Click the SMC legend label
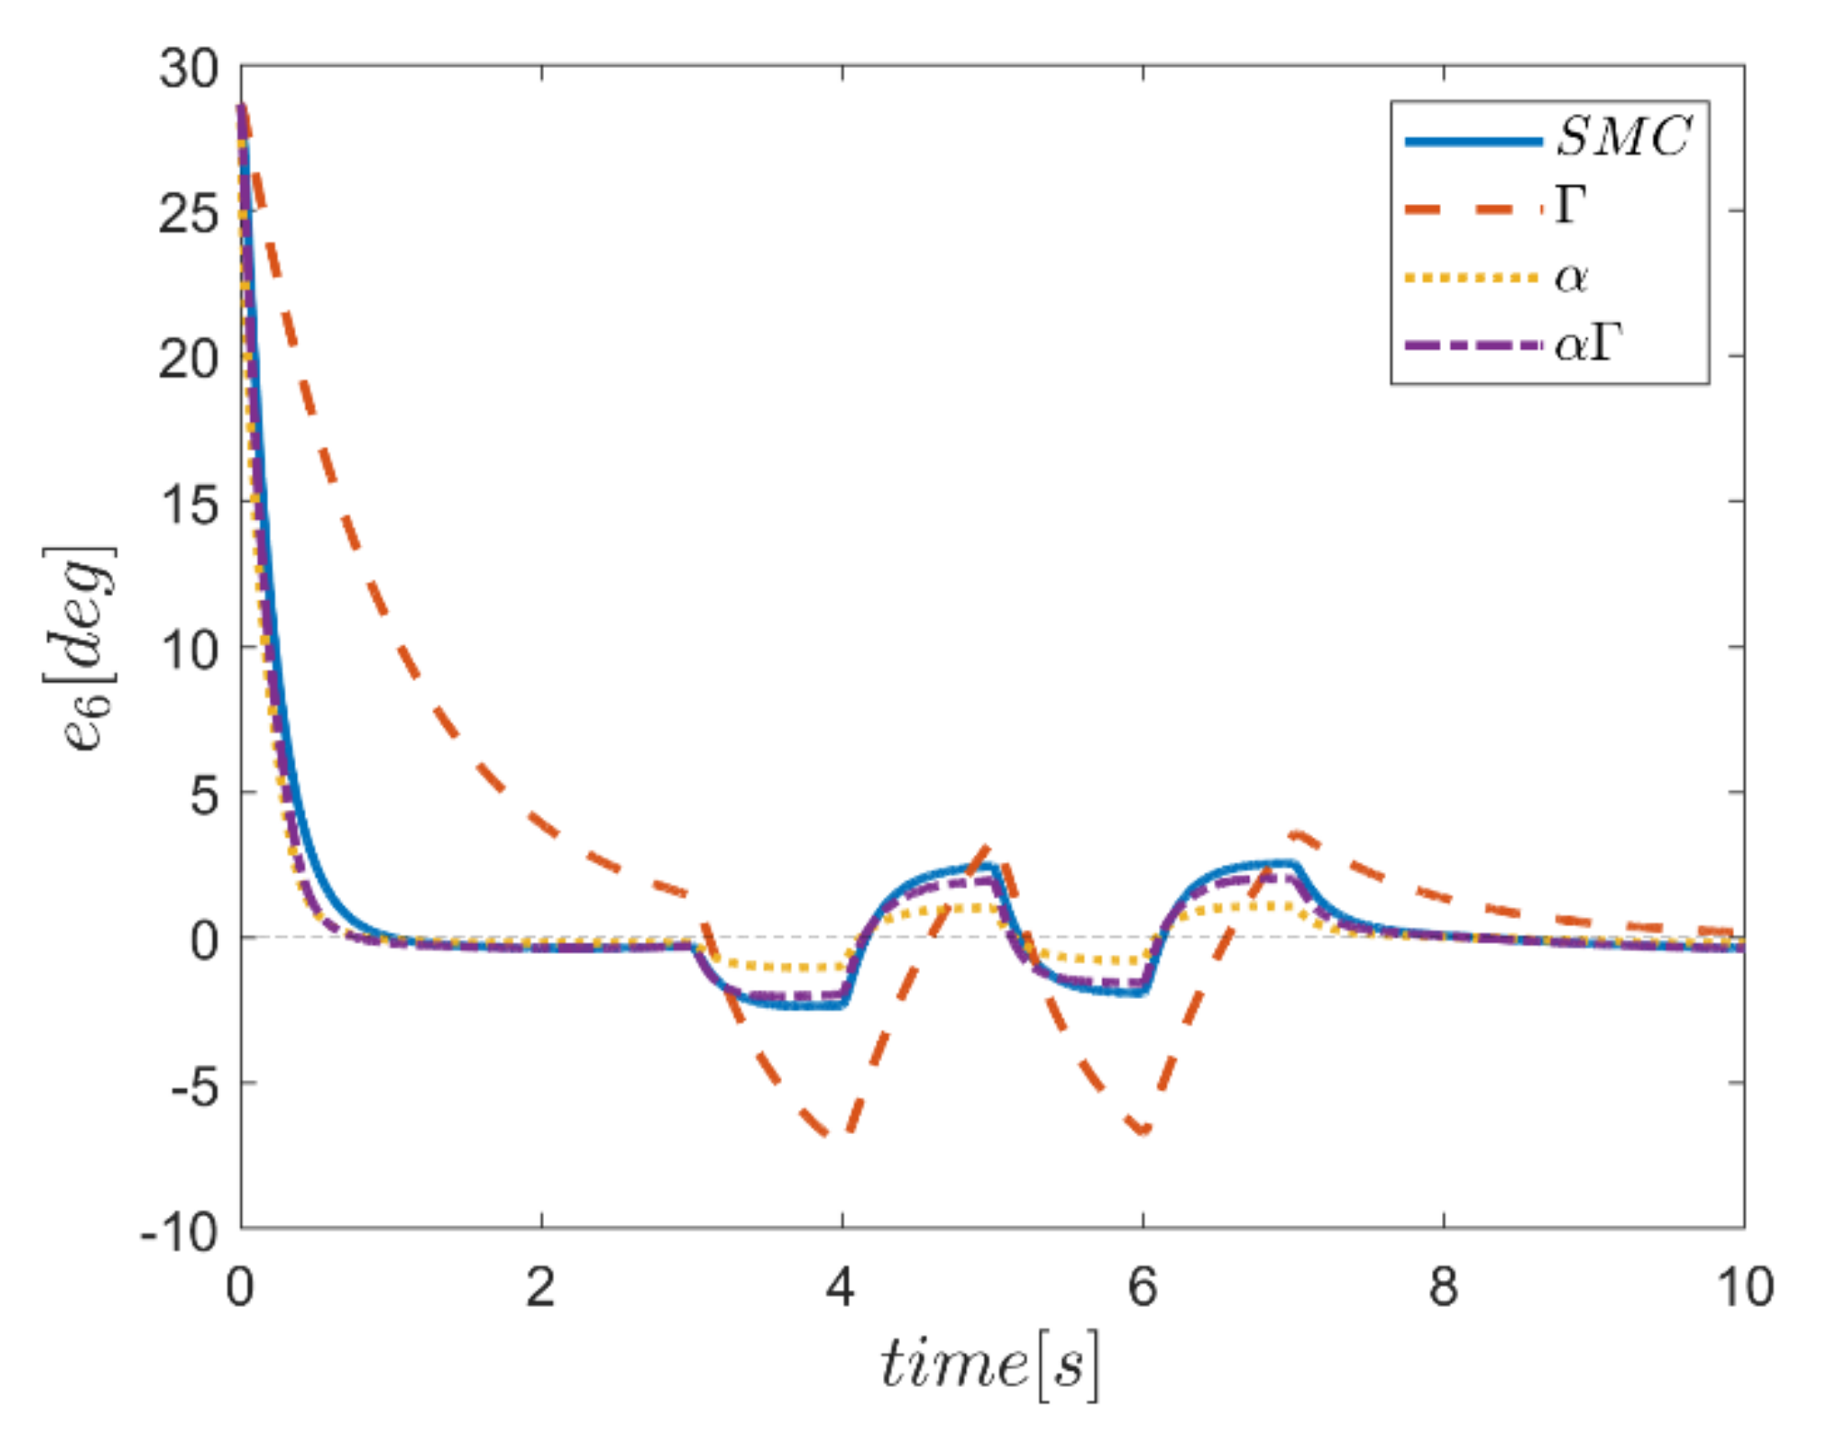coord(1623,138)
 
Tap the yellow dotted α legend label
coord(1571,277)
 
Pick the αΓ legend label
coord(1588,345)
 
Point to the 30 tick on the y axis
coord(189,68)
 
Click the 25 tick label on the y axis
coord(189,213)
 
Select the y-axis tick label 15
coord(189,504)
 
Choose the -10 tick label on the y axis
coord(180,1231)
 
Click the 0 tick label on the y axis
coord(205,940)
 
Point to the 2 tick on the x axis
coord(541,1287)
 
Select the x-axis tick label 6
coord(1142,1287)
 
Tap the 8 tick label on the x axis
coord(1444,1287)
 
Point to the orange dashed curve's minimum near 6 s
coord(1143,1130)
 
